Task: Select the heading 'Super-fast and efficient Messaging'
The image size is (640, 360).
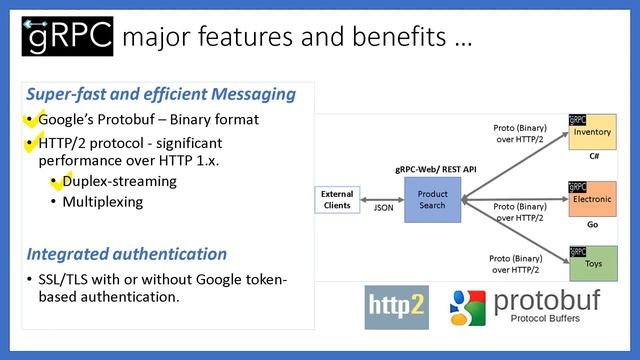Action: pyautogui.click(x=161, y=95)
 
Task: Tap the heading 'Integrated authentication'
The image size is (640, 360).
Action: pyautogui.click(x=127, y=254)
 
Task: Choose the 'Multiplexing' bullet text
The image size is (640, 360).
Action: pyautogui.click(x=103, y=202)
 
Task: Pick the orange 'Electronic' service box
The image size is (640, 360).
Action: pyautogui.click(x=592, y=199)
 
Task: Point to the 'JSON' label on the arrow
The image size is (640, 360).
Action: pyautogui.click(x=383, y=210)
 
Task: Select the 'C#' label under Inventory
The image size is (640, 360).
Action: pyautogui.click(x=594, y=157)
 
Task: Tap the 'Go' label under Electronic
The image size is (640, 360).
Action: pyautogui.click(x=594, y=225)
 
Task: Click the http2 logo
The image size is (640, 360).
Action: pyautogui.click(x=396, y=305)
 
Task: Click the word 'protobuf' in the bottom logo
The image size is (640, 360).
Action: pyautogui.click(x=548, y=298)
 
